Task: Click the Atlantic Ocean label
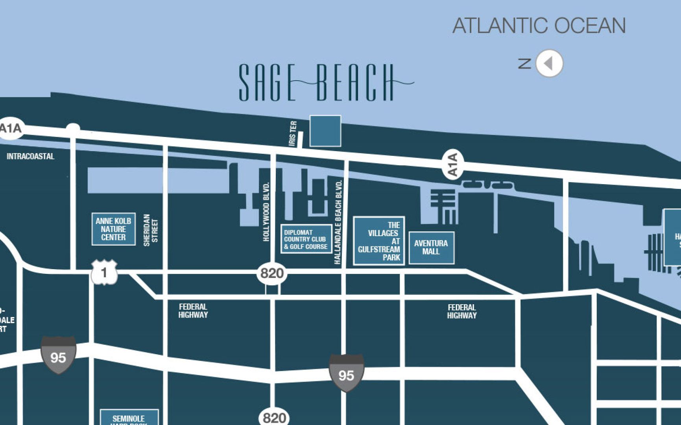point(539,26)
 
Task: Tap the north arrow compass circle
point(550,63)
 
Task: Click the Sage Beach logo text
point(317,83)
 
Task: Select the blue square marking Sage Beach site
point(325,131)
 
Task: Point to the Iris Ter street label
point(293,134)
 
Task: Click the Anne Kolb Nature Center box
point(113,229)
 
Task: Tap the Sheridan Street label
point(150,230)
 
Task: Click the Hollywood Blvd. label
point(266,212)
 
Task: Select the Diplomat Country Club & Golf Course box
point(306,239)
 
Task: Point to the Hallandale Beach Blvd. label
point(338,222)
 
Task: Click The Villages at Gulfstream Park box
point(378,241)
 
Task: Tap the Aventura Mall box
point(431,247)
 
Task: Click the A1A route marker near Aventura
point(453,164)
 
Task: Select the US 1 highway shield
point(104,272)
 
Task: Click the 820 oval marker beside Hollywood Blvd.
point(272,273)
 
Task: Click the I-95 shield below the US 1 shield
point(58,355)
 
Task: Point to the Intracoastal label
point(31,156)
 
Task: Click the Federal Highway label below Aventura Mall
point(461,311)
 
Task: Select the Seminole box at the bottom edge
point(129,418)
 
